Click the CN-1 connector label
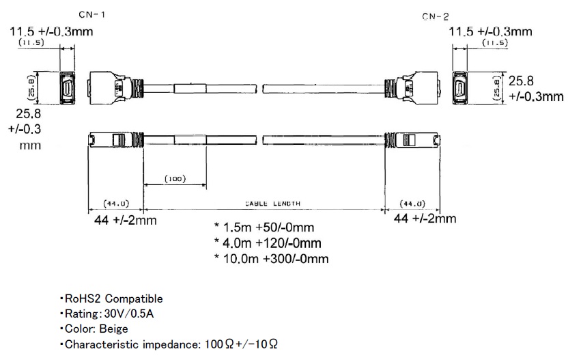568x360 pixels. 91,15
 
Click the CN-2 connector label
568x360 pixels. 435,16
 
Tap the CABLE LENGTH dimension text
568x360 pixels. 273,204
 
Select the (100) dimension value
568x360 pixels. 175,179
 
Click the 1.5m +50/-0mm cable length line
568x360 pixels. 264,227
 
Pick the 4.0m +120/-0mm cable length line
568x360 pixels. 268,243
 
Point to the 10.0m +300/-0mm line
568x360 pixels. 271,258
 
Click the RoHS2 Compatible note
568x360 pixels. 111,299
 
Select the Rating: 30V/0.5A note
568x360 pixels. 107,314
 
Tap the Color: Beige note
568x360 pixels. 94,329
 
